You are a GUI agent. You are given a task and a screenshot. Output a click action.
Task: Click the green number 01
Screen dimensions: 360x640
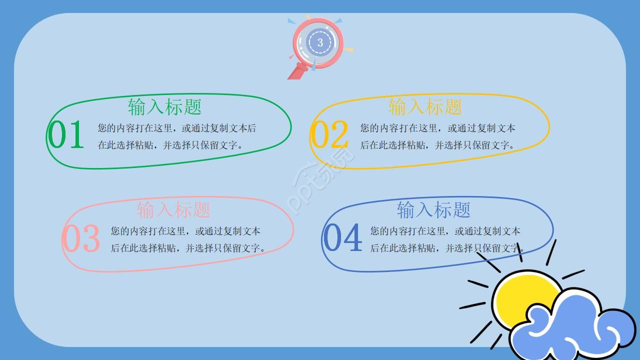(66, 135)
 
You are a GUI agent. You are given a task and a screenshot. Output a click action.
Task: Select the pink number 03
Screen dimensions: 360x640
(81, 238)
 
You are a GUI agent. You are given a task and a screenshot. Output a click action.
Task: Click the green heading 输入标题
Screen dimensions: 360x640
(164, 107)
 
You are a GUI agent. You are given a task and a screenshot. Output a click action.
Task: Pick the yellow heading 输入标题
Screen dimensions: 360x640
(425, 106)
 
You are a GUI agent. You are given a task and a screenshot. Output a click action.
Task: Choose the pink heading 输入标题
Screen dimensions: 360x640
(173, 209)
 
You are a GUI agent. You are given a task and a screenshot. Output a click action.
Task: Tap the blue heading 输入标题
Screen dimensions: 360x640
(433, 209)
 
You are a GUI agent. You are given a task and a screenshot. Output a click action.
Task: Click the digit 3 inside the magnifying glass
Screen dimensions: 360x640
(320, 42)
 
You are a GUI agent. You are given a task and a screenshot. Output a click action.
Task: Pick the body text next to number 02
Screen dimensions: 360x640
(437, 136)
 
